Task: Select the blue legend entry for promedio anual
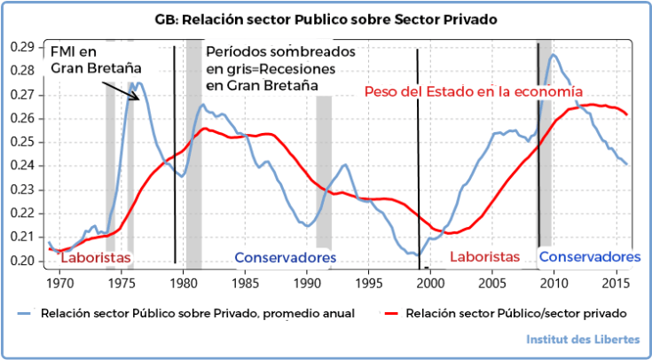(186, 313)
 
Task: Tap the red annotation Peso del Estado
(473, 90)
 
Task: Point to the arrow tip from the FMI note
(139, 100)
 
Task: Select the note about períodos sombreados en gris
(280, 68)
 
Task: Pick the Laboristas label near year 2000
(484, 257)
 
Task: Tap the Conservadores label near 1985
(286, 257)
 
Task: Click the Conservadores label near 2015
(589, 257)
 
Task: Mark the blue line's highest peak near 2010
(554, 55)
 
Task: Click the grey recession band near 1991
(324, 168)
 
